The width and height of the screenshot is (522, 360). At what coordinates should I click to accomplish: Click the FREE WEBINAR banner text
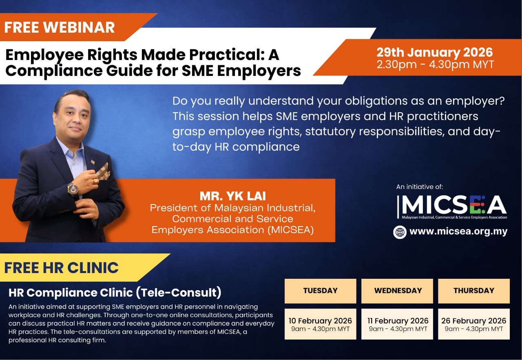tap(60, 27)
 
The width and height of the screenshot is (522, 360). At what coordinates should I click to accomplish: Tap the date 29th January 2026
tap(435, 52)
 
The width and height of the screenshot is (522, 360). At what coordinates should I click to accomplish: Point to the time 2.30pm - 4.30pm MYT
tap(435, 64)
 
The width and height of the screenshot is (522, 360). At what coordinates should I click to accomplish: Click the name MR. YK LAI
tap(232, 196)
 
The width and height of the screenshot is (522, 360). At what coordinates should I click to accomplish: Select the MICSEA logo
tap(452, 207)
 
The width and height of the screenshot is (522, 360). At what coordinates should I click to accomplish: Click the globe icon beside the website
tap(400, 232)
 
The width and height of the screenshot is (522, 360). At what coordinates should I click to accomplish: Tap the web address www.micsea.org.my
tap(458, 231)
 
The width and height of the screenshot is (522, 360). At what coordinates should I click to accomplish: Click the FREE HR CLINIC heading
tap(61, 267)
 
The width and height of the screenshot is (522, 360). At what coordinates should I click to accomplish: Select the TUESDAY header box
tap(321, 291)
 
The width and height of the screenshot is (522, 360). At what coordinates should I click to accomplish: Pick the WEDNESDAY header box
tap(397, 291)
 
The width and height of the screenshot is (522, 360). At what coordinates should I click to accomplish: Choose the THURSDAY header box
tap(474, 291)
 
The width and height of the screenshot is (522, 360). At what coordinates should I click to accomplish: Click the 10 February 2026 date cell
tap(321, 324)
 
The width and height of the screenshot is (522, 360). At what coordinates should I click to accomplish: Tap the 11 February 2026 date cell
tap(397, 324)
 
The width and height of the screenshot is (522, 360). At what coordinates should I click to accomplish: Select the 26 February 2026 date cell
tap(474, 324)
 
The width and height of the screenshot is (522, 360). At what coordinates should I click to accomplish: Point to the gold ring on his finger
tap(96, 181)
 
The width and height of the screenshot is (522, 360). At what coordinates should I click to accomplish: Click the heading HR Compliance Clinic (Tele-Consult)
tap(115, 293)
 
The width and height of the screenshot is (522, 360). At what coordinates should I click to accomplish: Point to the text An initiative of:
tap(420, 187)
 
